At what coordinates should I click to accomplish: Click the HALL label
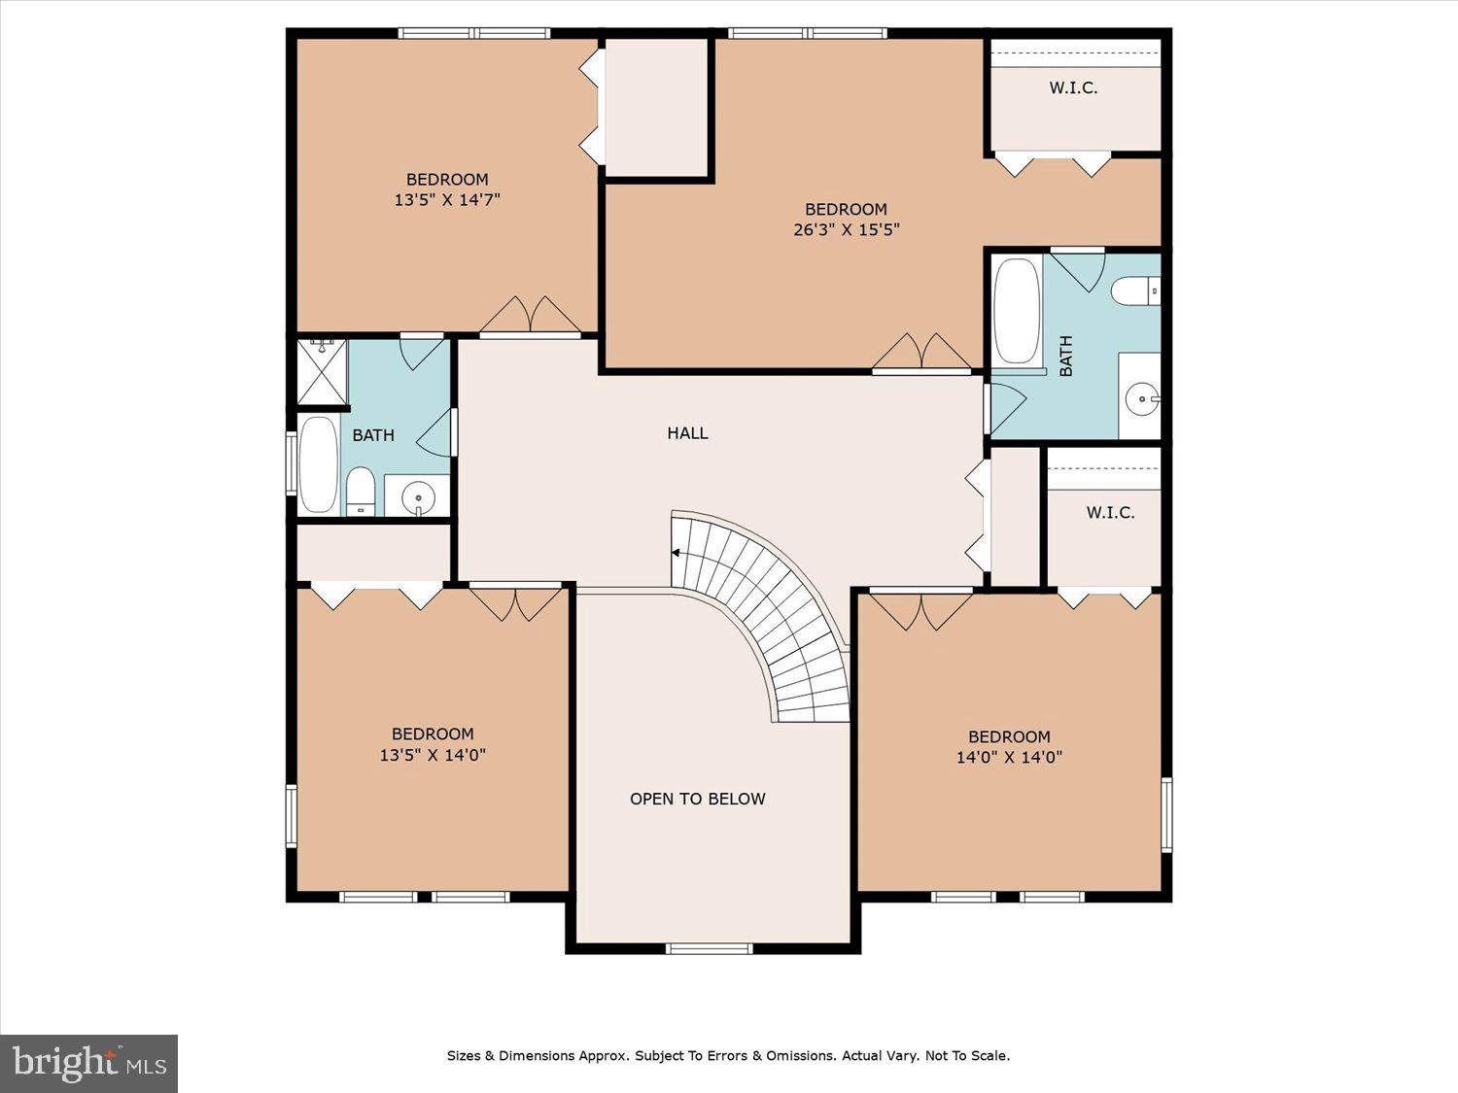point(687,433)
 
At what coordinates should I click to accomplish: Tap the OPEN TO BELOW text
point(697,799)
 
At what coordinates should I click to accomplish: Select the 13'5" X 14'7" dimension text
point(447,200)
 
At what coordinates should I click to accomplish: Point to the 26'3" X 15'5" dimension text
point(846,230)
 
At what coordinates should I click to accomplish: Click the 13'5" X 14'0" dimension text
point(433,755)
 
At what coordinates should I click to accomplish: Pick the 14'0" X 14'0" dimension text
point(1009,758)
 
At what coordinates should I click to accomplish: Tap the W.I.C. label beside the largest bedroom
point(1073,88)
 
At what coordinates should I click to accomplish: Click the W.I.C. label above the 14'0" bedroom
point(1110,512)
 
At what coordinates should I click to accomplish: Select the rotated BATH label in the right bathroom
point(1065,356)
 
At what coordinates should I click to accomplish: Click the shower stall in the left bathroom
point(323,372)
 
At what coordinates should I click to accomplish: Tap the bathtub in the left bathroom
point(318,464)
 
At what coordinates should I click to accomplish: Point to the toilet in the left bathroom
point(361,492)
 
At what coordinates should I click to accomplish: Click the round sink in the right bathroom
point(1140,397)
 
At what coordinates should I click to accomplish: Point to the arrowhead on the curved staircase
point(676,553)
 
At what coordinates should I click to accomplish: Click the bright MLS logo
point(88,1064)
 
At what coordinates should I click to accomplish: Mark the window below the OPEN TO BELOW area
point(710,948)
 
